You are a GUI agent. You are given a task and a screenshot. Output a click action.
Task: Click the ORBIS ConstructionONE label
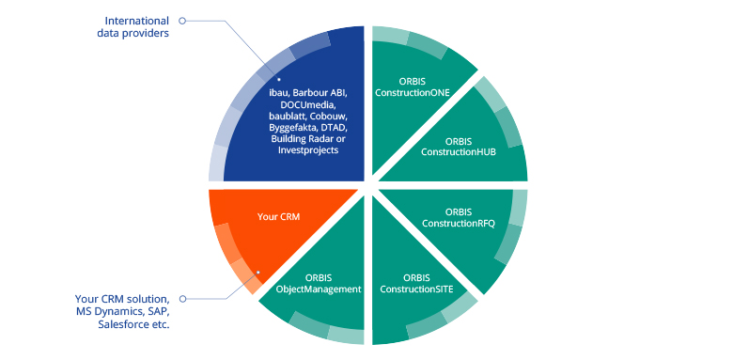point(412,86)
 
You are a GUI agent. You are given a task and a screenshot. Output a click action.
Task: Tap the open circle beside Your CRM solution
point(182,298)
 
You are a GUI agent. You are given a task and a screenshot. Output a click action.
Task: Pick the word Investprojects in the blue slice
point(306,149)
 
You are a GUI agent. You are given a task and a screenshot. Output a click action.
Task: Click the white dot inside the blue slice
point(280,80)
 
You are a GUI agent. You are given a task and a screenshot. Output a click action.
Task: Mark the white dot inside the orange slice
point(257,273)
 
